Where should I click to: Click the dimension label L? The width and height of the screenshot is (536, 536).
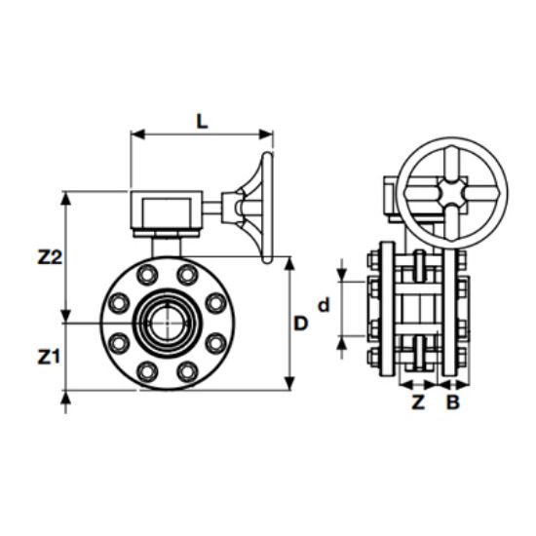click(x=201, y=121)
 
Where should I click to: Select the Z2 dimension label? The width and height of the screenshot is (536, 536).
click(x=50, y=258)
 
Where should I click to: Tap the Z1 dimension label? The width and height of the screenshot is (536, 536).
click(x=50, y=357)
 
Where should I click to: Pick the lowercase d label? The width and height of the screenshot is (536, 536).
click(x=325, y=305)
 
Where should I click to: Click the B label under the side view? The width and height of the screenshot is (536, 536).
click(x=452, y=402)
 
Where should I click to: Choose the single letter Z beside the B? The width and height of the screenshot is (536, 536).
click(x=418, y=402)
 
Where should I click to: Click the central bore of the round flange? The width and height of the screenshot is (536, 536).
click(x=163, y=323)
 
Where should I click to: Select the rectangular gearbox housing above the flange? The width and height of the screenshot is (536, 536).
click(x=166, y=211)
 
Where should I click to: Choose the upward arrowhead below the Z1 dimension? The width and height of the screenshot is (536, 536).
click(x=66, y=399)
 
